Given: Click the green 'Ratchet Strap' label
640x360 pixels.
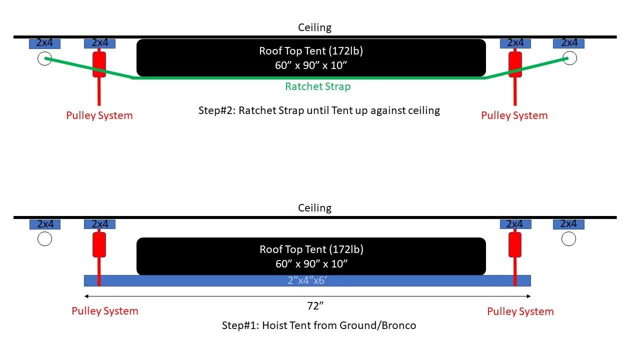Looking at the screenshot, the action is [x=317, y=86].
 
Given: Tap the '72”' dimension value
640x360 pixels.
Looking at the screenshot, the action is [x=315, y=306].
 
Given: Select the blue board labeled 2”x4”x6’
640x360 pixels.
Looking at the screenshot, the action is [x=307, y=280].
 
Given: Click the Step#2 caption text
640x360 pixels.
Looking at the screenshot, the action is [x=319, y=110].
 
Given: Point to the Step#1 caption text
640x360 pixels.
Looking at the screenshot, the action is [x=319, y=325].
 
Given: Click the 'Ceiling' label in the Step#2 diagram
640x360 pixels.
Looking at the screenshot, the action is [x=314, y=27].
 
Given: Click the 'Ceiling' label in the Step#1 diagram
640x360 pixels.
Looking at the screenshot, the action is [x=314, y=208].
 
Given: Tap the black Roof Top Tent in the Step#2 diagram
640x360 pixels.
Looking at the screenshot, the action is [x=311, y=57].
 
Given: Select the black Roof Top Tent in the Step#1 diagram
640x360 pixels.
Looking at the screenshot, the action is [x=311, y=256].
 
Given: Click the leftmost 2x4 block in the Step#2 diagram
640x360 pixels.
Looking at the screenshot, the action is [x=44, y=43].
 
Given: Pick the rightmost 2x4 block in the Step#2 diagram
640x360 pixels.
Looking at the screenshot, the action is [x=568, y=43].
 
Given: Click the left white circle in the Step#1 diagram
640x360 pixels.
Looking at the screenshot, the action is [x=44, y=239].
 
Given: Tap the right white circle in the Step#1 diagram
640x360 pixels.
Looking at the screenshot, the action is [x=568, y=239].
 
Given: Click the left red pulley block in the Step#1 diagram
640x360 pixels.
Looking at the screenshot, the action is [x=99, y=244].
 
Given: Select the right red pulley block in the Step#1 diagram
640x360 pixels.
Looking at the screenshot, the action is [x=515, y=244].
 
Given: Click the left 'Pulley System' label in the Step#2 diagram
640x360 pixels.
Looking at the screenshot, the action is [x=99, y=115].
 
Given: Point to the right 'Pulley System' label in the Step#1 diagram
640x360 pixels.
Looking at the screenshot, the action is [x=520, y=311].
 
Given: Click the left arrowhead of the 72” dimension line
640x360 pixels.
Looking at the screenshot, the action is [x=86, y=296].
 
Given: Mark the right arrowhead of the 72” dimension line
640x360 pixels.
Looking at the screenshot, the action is [x=529, y=296].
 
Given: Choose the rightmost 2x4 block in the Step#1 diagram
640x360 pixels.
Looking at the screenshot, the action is [x=568, y=224].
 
